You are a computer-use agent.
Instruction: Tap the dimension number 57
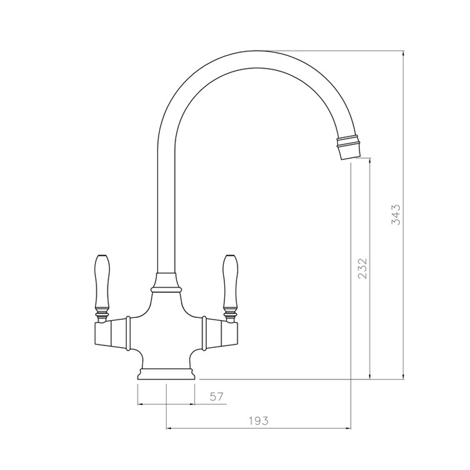coord(217,397)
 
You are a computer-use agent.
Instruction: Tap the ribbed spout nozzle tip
coord(348,146)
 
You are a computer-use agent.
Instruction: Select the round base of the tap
coord(166,373)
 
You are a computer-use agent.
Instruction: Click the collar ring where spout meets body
coord(166,288)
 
